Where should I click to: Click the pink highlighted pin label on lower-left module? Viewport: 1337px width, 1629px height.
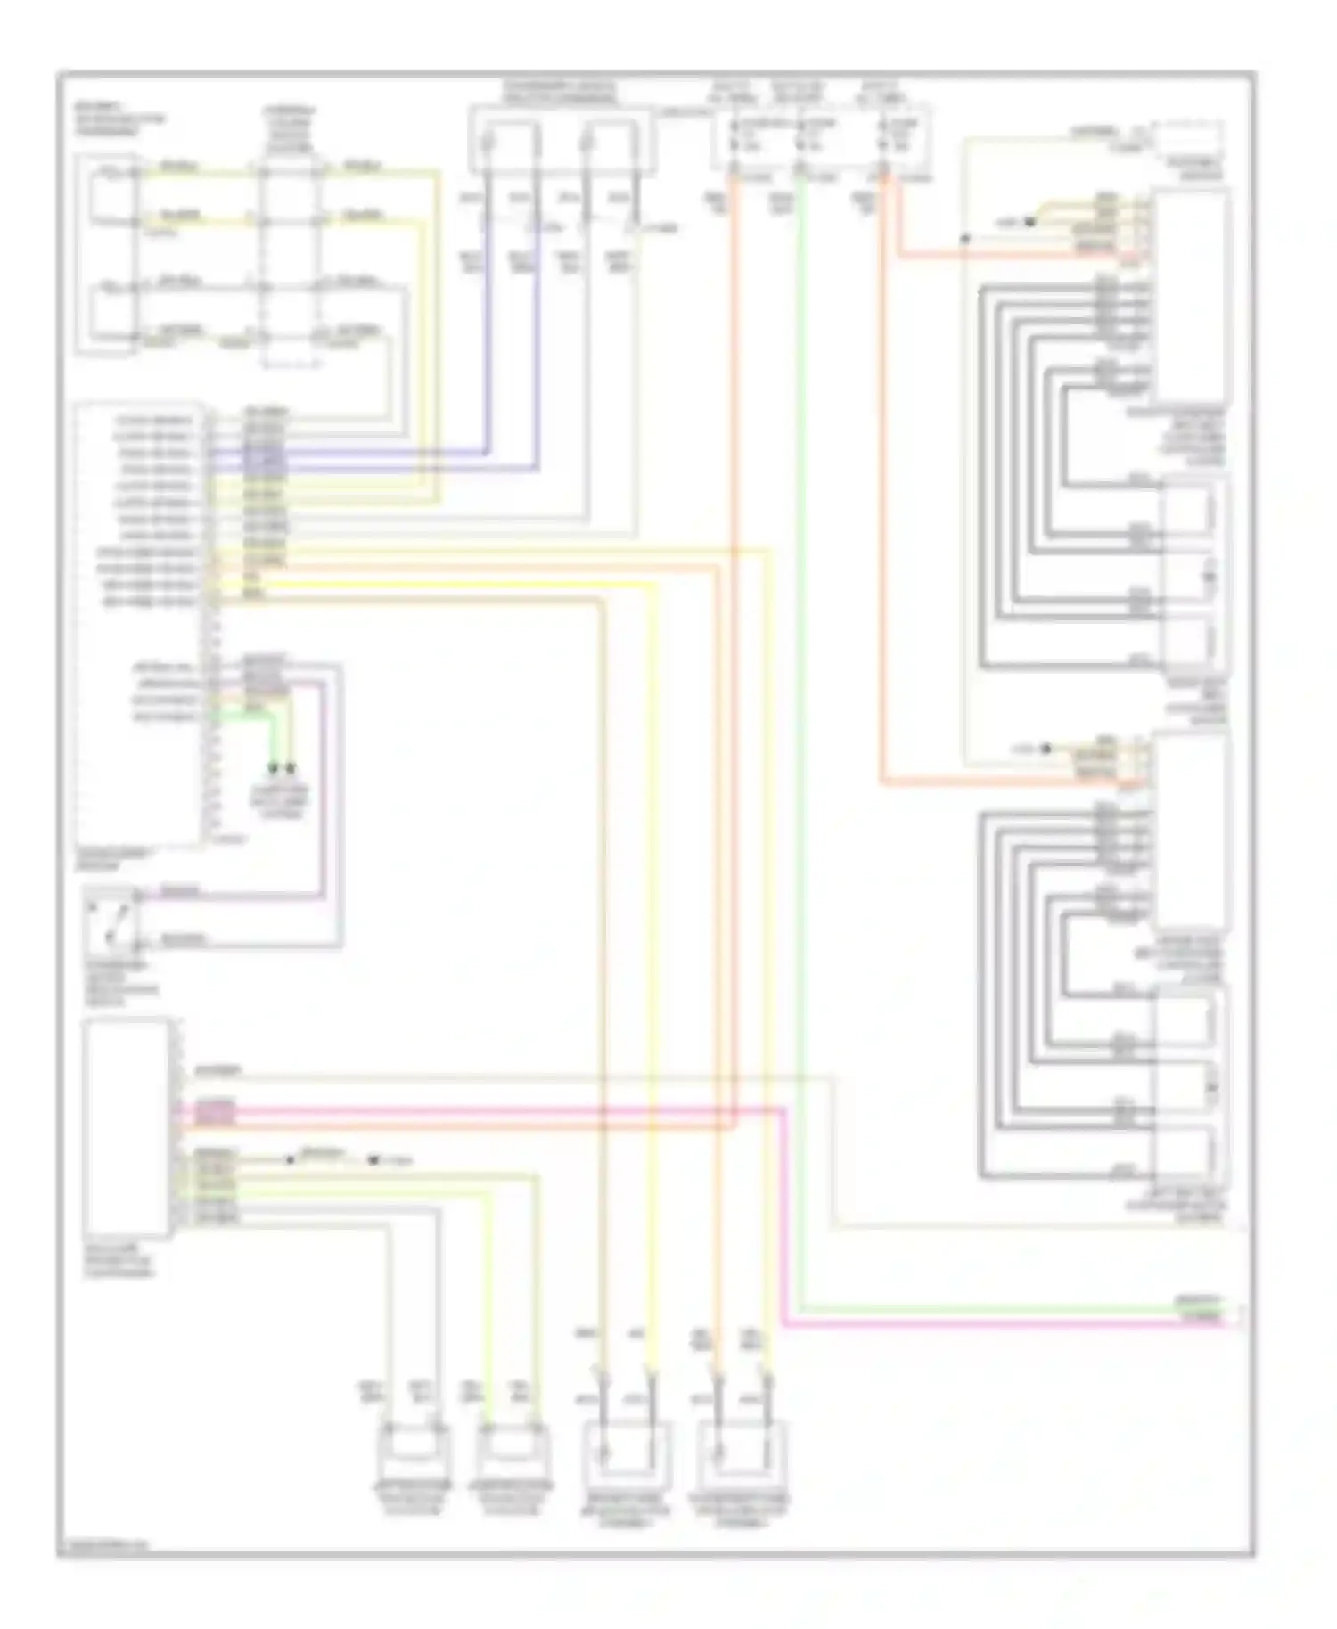tap(216, 1110)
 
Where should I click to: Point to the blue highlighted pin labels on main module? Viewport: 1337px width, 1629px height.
tap(265, 458)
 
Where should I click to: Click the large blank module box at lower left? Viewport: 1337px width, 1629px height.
tap(127, 1127)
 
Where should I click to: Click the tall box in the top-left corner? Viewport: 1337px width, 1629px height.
tap(107, 254)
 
